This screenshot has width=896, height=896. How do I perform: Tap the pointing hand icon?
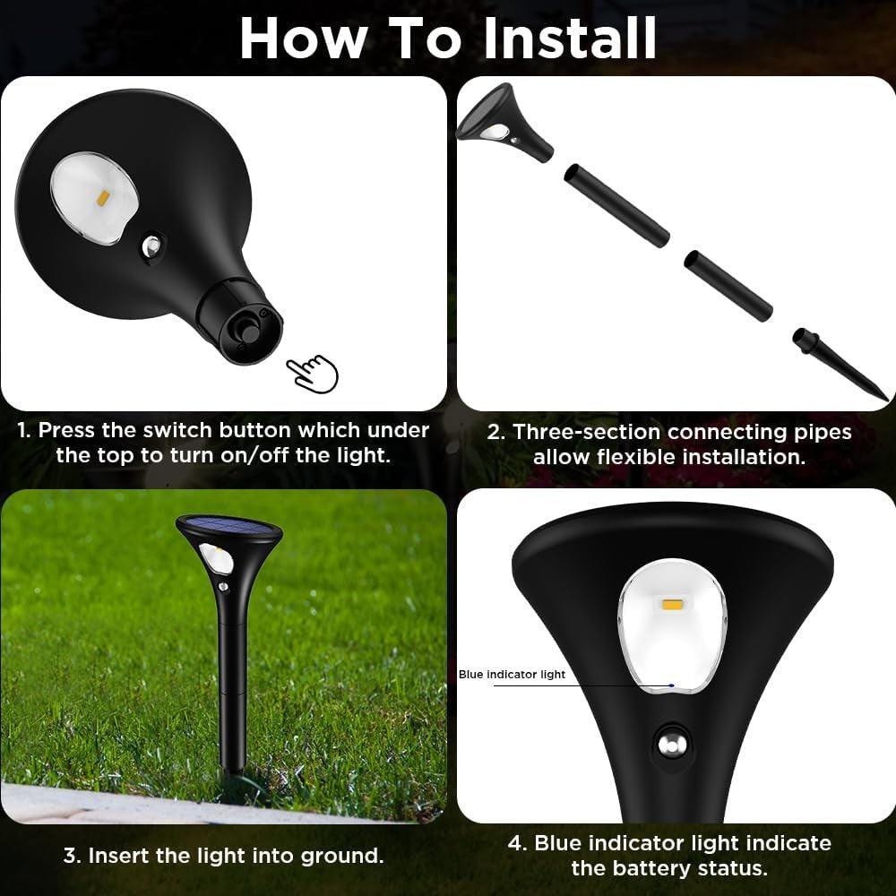coord(313,372)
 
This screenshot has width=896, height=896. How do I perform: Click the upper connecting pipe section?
coord(616,205)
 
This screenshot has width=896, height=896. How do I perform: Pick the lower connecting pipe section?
coord(728,286)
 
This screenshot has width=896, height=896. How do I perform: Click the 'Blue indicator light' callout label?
coord(512,674)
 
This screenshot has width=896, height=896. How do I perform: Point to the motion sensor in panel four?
coord(669,743)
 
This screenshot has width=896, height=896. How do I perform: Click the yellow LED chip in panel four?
coord(672,607)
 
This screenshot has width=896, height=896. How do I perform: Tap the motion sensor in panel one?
coord(154,246)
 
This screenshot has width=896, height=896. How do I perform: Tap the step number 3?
coord(70,855)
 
